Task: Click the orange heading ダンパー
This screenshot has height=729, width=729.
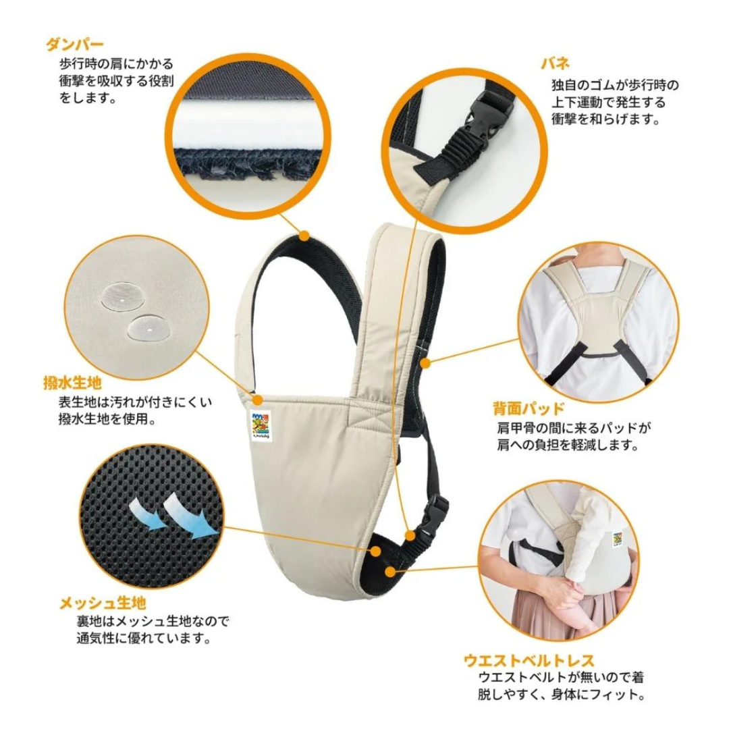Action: point(74,46)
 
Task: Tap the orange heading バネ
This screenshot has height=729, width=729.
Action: point(556,64)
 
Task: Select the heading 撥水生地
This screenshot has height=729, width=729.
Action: point(72,384)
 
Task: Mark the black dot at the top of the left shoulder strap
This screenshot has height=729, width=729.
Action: point(304,236)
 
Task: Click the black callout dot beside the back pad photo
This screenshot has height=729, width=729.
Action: point(425,364)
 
